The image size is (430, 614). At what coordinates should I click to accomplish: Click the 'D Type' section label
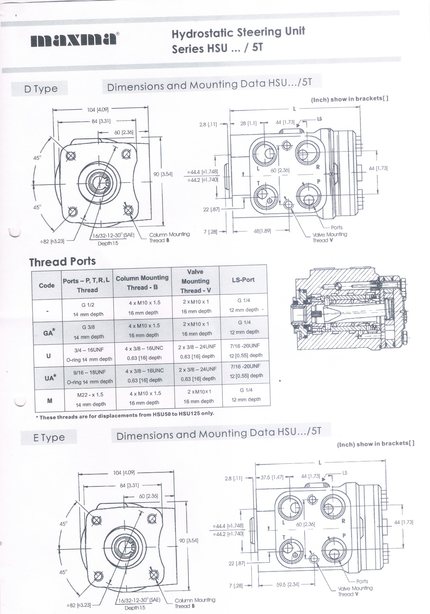tap(41, 89)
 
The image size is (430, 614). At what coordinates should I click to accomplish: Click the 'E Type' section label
tap(49, 438)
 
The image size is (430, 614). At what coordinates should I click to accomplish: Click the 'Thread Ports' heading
tap(62, 262)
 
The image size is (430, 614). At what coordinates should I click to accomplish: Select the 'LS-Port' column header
tap(243, 280)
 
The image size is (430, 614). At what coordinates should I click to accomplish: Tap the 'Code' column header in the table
tap(46, 285)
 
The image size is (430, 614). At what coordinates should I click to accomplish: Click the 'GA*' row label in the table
tap(49, 332)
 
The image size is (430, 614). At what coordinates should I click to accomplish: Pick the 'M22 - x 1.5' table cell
tap(89, 395)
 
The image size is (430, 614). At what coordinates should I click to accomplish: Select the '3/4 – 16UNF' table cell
tap(89, 350)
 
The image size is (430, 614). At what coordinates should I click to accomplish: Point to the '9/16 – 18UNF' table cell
tap(89, 372)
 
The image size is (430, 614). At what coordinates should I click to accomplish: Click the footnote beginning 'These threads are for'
tap(125, 415)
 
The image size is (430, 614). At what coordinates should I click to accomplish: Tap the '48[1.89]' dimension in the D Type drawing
tap(262, 231)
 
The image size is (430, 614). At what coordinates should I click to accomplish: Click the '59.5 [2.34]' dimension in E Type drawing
tap(288, 585)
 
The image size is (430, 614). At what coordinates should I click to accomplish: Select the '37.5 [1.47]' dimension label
tap(272, 477)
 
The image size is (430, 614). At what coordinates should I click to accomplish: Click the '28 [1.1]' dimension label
tap(249, 123)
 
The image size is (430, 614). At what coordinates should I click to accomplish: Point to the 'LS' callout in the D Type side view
tap(319, 119)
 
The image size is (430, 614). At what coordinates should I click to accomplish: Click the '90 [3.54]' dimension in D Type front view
tap(163, 174)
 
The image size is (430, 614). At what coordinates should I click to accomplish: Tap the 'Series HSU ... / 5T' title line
tap(217, 48)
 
